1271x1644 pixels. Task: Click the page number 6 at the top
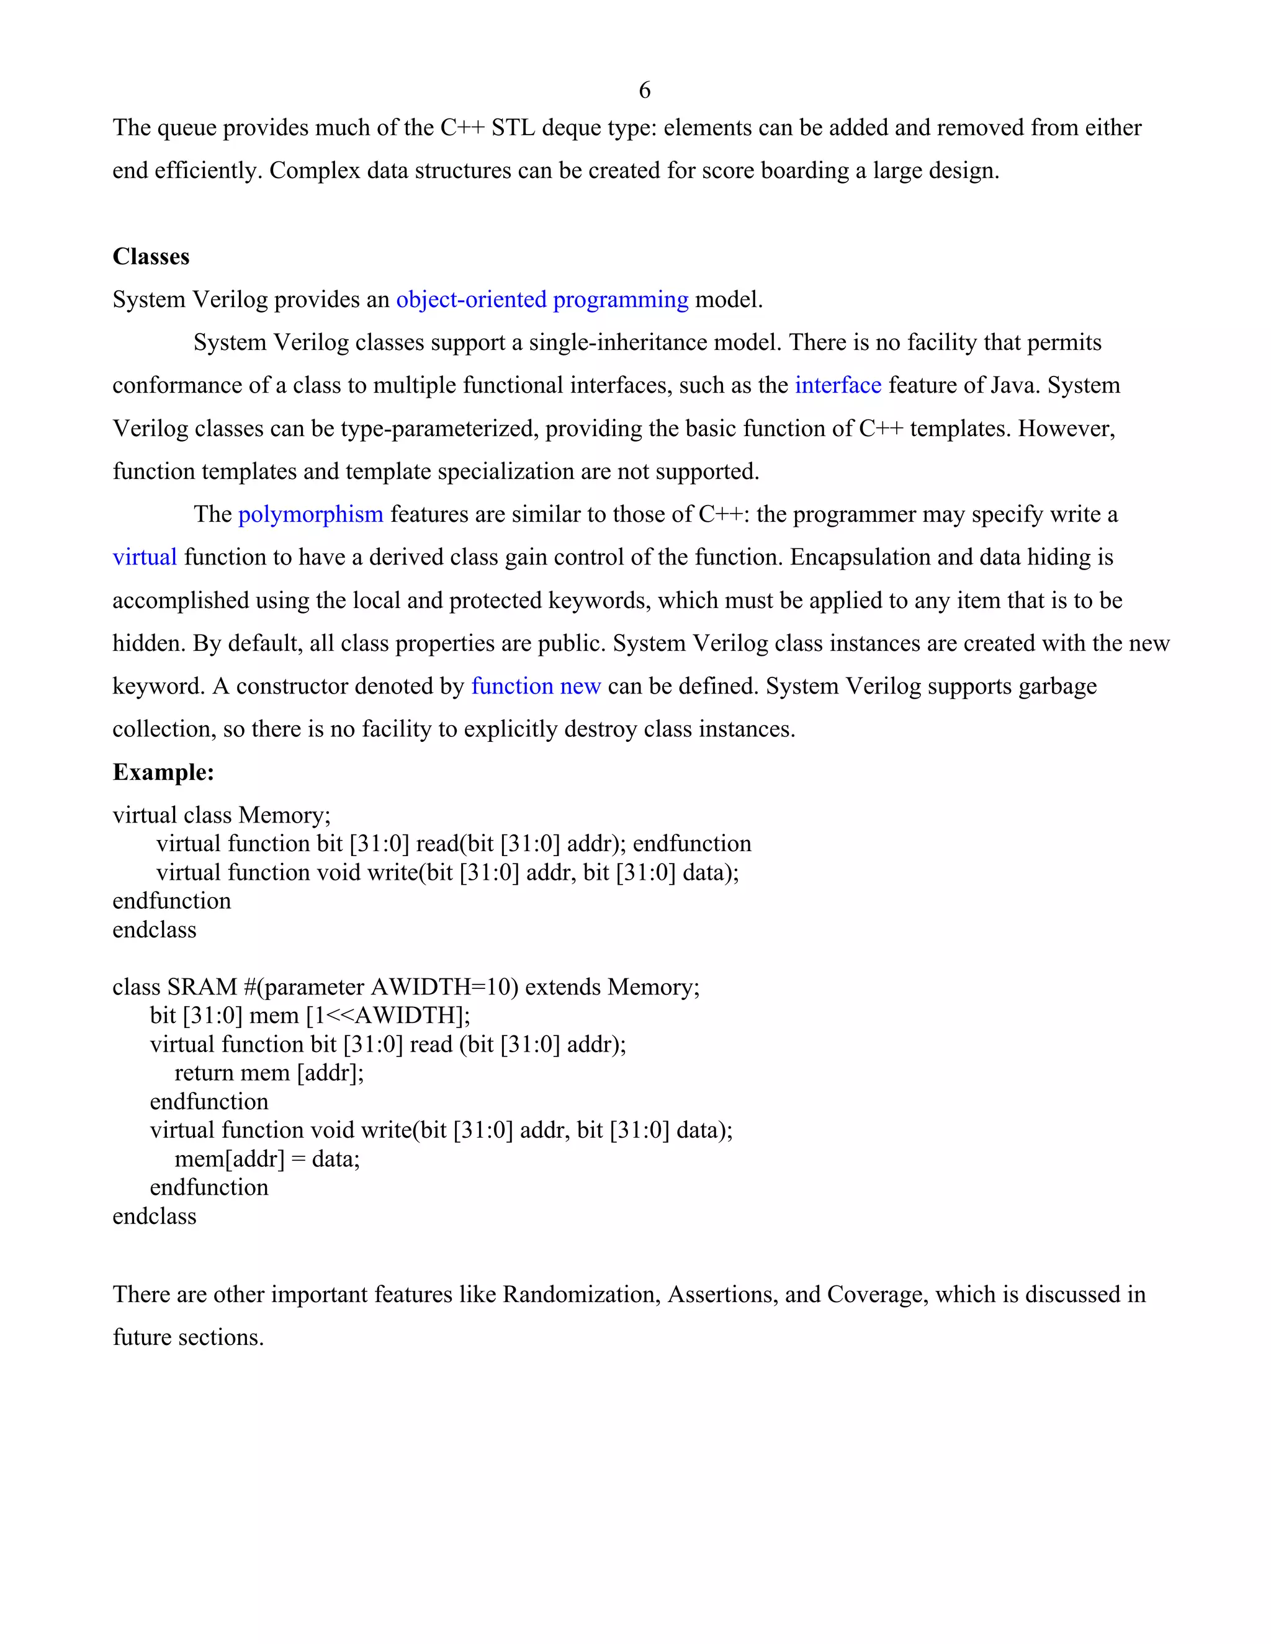(645, 91)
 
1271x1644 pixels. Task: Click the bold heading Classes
(151, 257)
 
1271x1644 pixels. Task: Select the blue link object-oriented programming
(542, 300)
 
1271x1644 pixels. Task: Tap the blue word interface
(837, 385)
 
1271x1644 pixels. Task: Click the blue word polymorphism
(310, 514)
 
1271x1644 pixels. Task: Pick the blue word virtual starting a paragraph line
(145, 557)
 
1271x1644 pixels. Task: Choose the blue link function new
(536, 686)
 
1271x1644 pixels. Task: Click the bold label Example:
(163, 772)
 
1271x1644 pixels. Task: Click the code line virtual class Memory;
(222, 815)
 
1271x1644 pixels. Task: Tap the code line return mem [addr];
(269, 1073)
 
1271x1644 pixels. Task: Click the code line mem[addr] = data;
(267, 1158)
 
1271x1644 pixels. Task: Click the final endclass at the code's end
(155, 1216)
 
